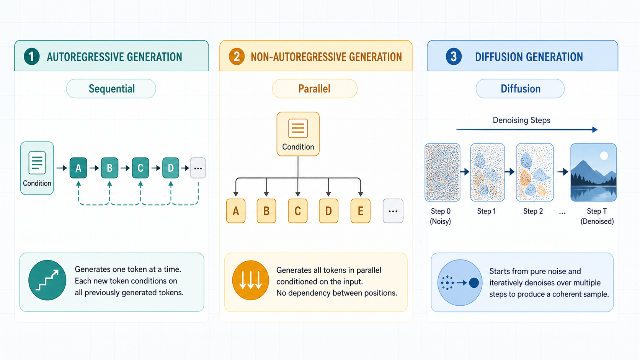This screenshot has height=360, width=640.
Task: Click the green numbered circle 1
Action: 32,57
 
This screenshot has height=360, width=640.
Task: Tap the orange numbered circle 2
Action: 237,57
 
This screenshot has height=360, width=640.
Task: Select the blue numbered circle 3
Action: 454,57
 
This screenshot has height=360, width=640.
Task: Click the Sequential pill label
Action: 111,88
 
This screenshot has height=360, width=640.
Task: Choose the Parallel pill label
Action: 315,88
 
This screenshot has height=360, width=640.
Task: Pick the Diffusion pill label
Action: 520,88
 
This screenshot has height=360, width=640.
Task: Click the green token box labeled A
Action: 78,168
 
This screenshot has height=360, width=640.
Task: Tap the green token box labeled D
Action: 171,168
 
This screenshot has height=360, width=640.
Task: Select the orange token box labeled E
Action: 360,211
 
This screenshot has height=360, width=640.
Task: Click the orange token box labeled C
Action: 297,211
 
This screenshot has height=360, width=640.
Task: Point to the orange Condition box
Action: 298,134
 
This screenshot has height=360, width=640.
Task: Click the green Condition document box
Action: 37,168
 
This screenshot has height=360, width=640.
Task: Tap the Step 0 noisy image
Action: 442,173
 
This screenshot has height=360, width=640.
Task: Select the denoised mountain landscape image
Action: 593,173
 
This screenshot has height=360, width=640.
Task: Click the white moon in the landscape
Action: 604,156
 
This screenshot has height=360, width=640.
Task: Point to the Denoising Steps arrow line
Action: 527,130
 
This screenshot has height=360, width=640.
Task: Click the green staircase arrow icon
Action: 47,280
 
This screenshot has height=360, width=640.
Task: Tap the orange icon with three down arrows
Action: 251,280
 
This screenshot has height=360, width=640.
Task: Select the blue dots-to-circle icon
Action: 460,283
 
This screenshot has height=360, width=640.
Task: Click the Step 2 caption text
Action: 533,211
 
